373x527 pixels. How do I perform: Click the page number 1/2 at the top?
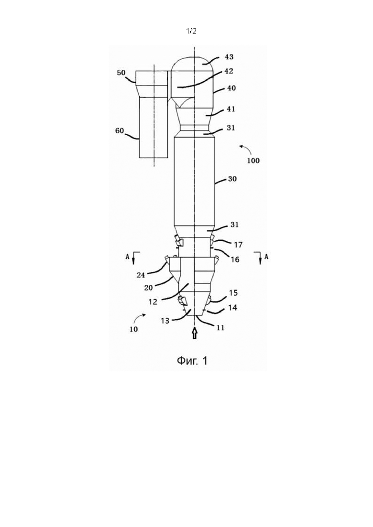191,31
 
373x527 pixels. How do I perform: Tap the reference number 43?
229,57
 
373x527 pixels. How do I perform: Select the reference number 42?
229,71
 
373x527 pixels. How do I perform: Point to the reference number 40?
231,88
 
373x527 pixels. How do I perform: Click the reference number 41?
230,109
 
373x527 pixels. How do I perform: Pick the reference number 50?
121,73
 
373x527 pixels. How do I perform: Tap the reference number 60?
120,131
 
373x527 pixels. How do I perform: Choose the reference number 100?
253,161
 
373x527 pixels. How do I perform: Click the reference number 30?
232,179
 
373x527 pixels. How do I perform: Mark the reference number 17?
238,245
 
